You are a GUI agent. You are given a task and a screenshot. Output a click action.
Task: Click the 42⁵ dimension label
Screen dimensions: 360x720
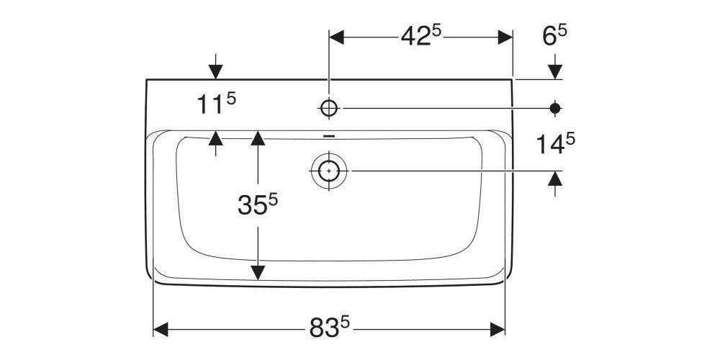click(x=420, y=36)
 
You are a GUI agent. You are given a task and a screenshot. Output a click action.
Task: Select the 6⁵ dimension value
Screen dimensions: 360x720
click(x=554, y=36)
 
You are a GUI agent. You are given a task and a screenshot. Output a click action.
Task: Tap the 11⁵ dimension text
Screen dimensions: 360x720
click(x=216, y=104)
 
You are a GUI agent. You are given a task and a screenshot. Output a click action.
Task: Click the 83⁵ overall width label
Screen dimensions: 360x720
click(x=329, y=329)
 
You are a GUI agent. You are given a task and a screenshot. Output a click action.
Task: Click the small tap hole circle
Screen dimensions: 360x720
click(x=329, y=108)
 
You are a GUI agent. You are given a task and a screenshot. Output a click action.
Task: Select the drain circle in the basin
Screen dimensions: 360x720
click(x=329, y=171)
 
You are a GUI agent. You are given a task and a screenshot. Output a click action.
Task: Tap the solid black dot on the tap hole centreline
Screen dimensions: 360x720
click(x=554, y=108)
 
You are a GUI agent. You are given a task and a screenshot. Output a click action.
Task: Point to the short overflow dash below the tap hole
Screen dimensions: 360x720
click(x=329, y=135)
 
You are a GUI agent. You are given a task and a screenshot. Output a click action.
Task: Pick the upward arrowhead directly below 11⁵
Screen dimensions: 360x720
click(x=215, y=138)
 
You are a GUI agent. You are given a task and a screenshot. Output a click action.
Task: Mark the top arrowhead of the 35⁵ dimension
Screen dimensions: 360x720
click(x=257, y=138)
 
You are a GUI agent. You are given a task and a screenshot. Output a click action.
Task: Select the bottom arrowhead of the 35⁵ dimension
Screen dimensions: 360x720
click(x=257, y=273)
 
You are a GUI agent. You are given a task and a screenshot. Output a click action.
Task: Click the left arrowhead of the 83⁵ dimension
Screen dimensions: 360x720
click(x=161, y=329)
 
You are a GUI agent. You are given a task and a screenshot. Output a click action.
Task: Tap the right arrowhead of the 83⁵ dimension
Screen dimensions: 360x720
click(x=498, y=329)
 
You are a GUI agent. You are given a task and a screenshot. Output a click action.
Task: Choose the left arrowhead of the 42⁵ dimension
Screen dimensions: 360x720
click(x=336, y=35)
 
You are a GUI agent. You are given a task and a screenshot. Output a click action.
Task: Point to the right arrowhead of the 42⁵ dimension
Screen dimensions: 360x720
click(x=505, y=35)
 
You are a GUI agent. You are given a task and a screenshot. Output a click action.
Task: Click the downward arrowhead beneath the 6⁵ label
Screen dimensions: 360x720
click(x=554, y=71)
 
